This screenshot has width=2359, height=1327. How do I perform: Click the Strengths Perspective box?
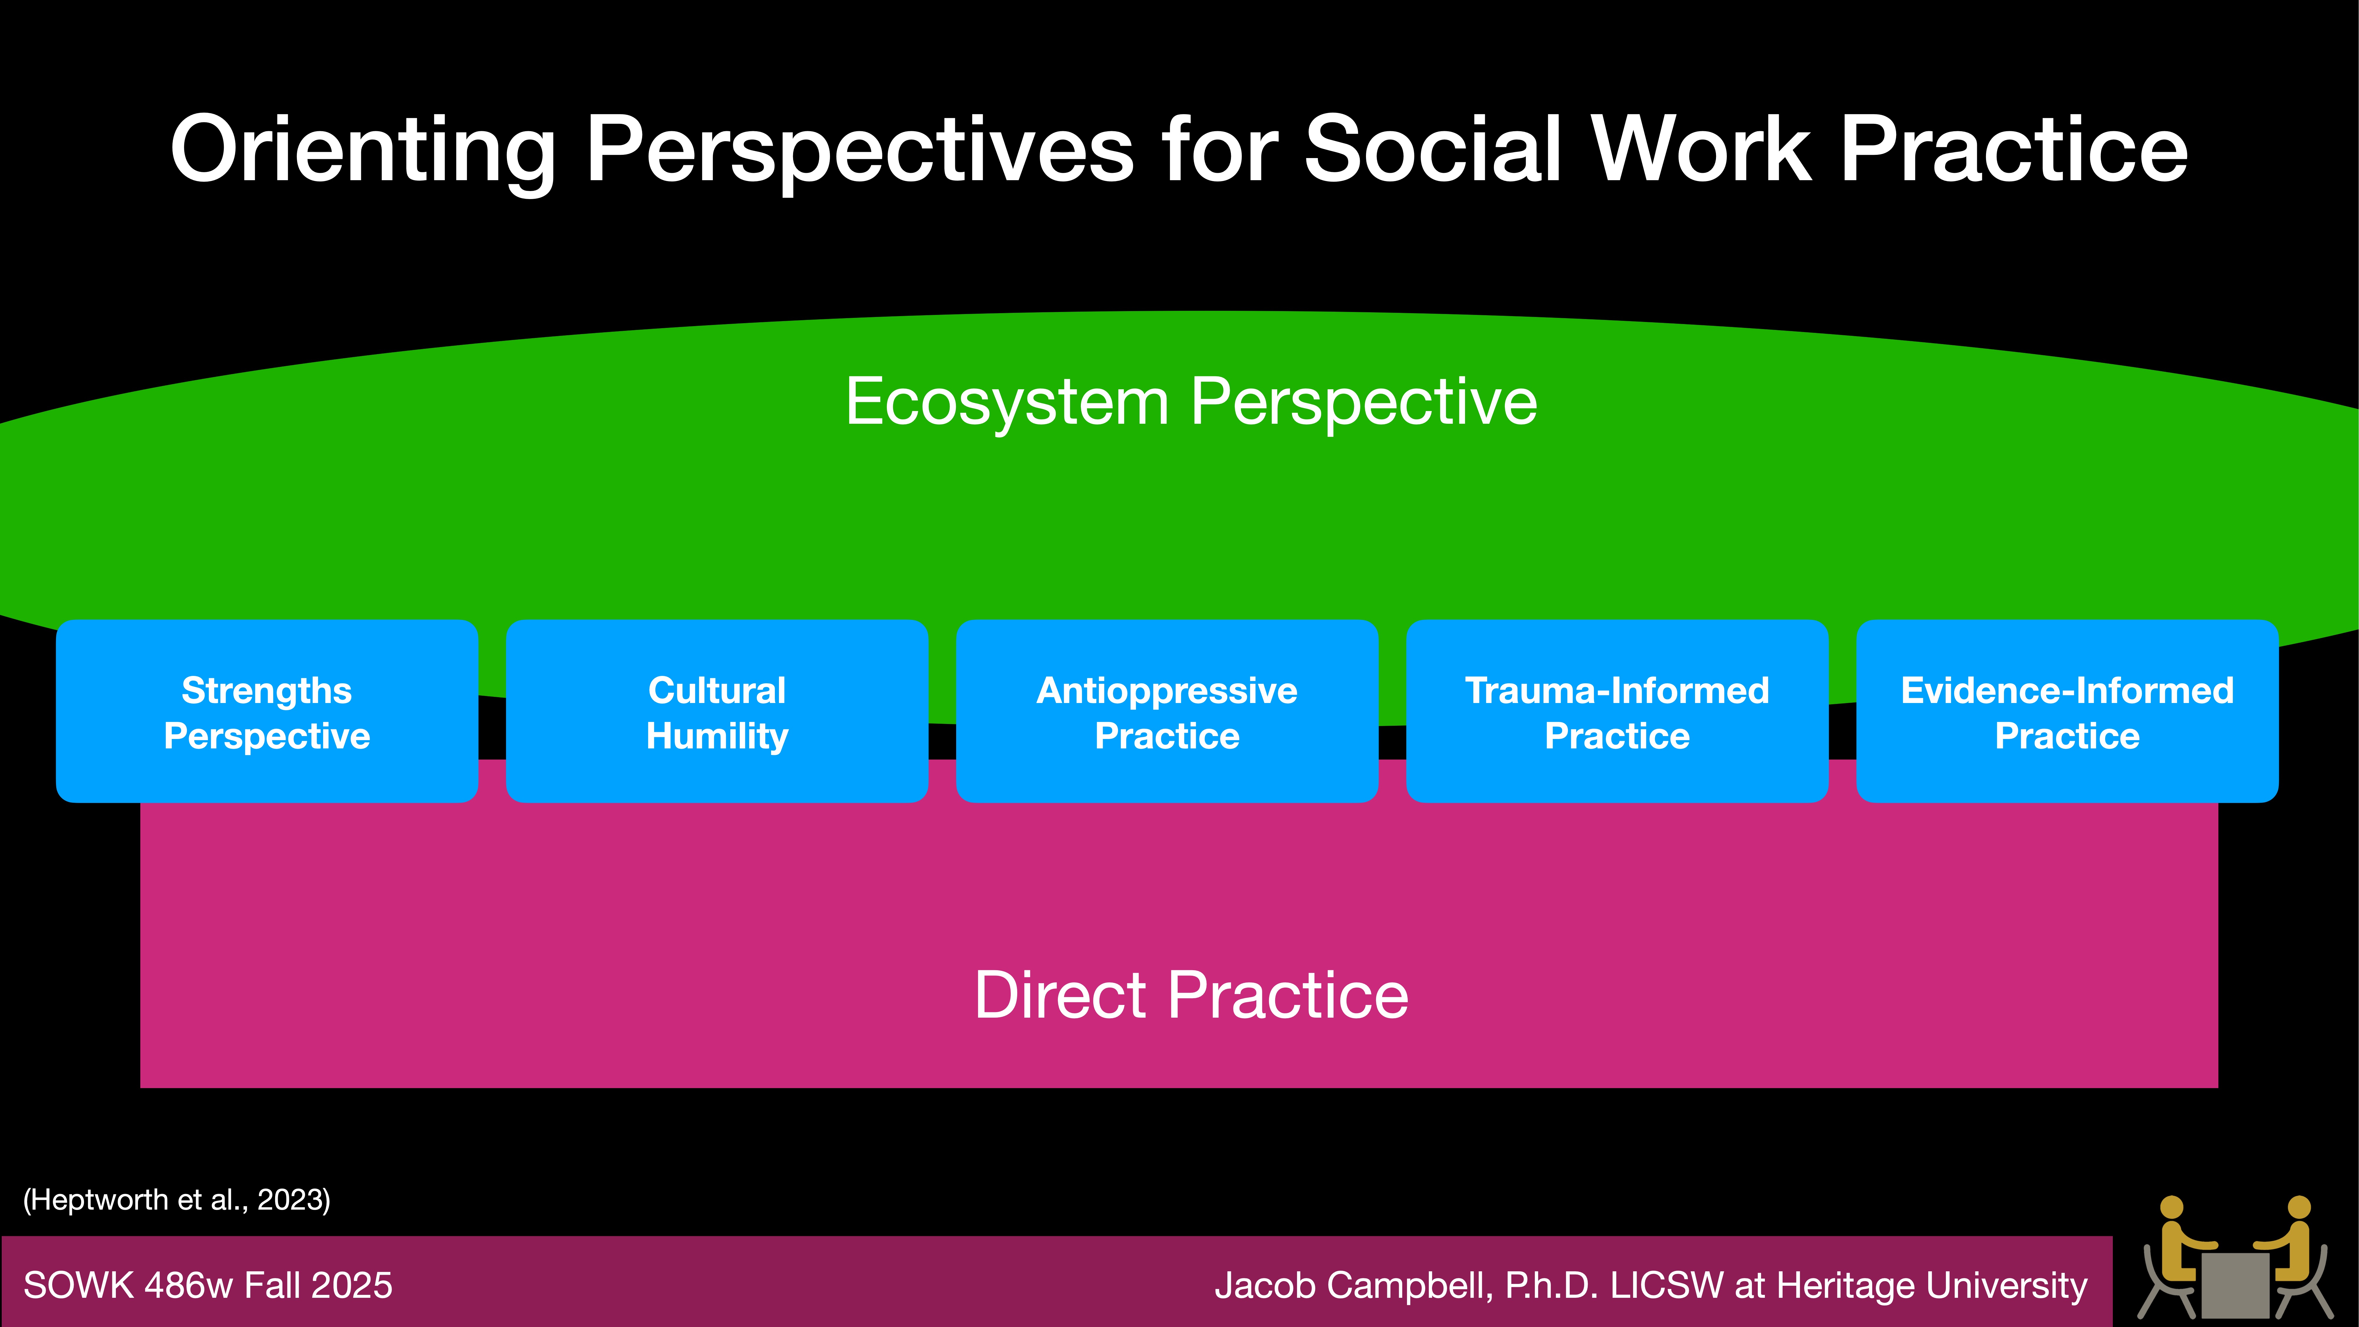pyautogui.click(x=267, y=712)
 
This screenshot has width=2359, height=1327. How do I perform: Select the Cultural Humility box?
pyautogui.click(x=717, y=712)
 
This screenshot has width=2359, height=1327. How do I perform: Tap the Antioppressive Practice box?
pyautogui.click(x=1167, y=712)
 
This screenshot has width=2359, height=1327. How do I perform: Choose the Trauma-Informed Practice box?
pyautogui.click(x=1617, y=712)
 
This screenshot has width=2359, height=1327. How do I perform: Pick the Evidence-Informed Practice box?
pyautogui.click(x=2067, y=712)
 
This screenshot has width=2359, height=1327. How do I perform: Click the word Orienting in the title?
pyautogui.click(x=363, y=151)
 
